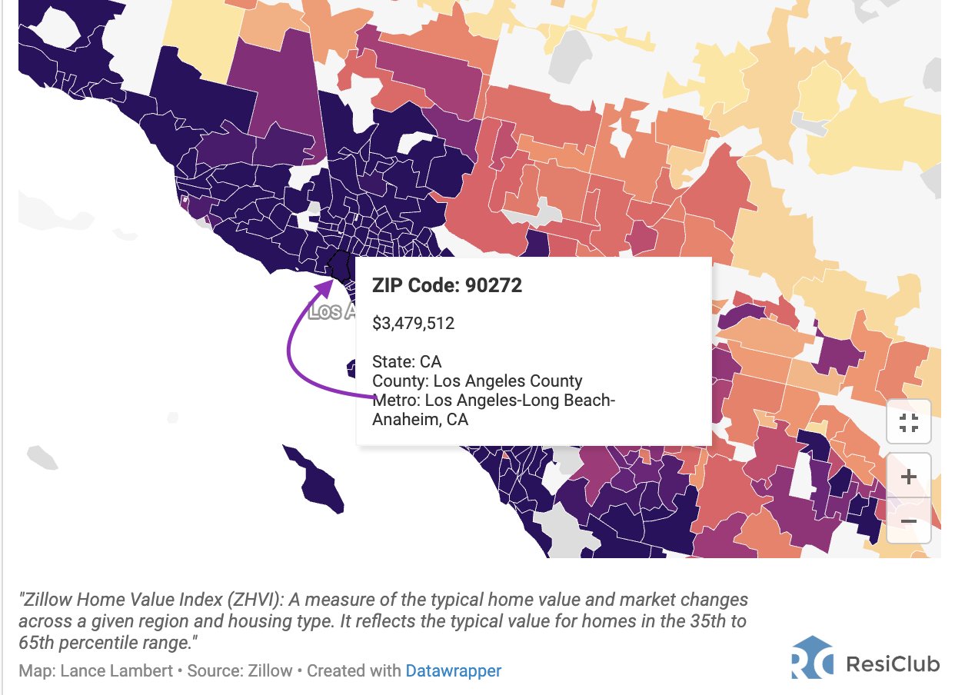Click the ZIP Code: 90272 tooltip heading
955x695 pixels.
point(447,286)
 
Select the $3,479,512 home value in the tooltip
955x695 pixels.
point(413,324)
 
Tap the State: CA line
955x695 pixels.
point(407,361)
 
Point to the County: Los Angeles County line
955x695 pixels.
point(477,381)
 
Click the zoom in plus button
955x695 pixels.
point(908,477)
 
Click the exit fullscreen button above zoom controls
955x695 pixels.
point(908,422)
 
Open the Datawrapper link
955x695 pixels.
point(453,670)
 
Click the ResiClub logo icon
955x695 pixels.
point(812,658)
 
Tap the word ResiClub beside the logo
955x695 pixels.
point(892,663)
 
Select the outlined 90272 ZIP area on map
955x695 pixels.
point(339,266)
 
